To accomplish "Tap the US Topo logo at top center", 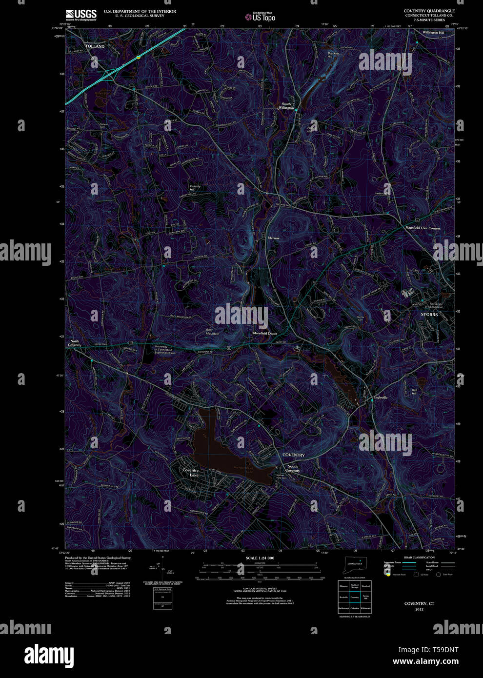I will (x=261, y=17).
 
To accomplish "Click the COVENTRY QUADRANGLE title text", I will (x=429, y=11).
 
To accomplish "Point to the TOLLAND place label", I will (x=95, y=46).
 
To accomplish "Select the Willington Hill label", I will (x=433, y=33).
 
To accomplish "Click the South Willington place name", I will (x=286, y=106).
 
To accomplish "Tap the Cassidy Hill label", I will (x=195, y=188).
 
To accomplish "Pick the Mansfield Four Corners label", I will (x=423, y=228).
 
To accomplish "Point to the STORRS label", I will (x=429, y=315).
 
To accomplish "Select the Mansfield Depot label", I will (x=265, y=333).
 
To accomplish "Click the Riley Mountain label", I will (x=212, y=332).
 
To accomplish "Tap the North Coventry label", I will (x=75, y=343).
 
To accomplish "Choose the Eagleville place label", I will (x=380, y=398).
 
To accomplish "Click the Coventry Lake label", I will (x=191, y=473).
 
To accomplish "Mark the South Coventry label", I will (x=292, y=468).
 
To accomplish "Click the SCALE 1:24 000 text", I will (x=260, y=558).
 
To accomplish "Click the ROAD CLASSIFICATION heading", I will (x=419, y=558).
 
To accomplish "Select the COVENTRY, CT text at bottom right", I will (x=419, y=603).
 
